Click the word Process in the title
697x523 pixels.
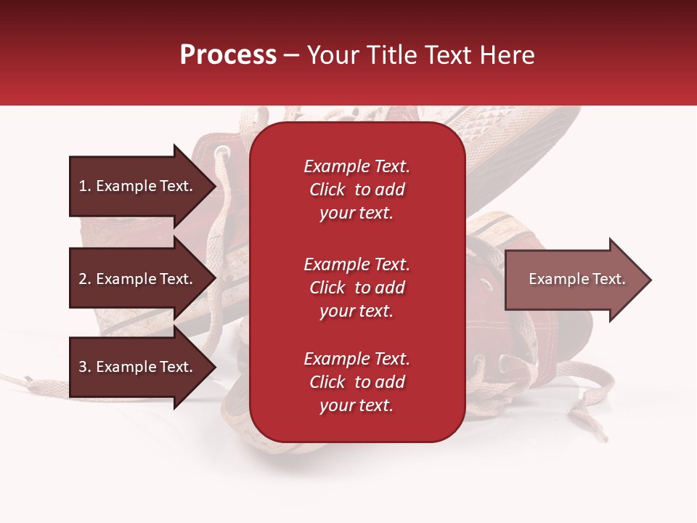(x=229, y=54)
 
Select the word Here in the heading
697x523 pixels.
(x=508, y=54)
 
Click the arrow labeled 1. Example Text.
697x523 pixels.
(x=143, y=186)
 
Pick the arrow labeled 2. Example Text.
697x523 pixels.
(x=143, y=278)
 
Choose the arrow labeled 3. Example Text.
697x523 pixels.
(x=143, y=367)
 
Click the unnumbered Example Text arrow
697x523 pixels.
(x=579, y=280)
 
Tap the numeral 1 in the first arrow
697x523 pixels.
(x=83, y=186)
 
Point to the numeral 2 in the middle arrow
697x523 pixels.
(x=83, y=279)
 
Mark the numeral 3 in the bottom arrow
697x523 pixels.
(x=83, y=367)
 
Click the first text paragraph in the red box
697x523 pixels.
(x=357, y=190)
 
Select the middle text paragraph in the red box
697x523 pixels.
(x=357, y=288)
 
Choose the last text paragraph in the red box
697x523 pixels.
(x=357, y=382)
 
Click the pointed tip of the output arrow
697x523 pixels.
(x=651, y=280)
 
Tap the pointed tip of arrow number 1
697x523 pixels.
(x=216, y=186)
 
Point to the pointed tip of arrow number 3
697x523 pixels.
(x=216, y=367)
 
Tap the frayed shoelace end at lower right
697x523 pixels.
(x=598, y=429)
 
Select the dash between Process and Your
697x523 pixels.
(x=292, y=57)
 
